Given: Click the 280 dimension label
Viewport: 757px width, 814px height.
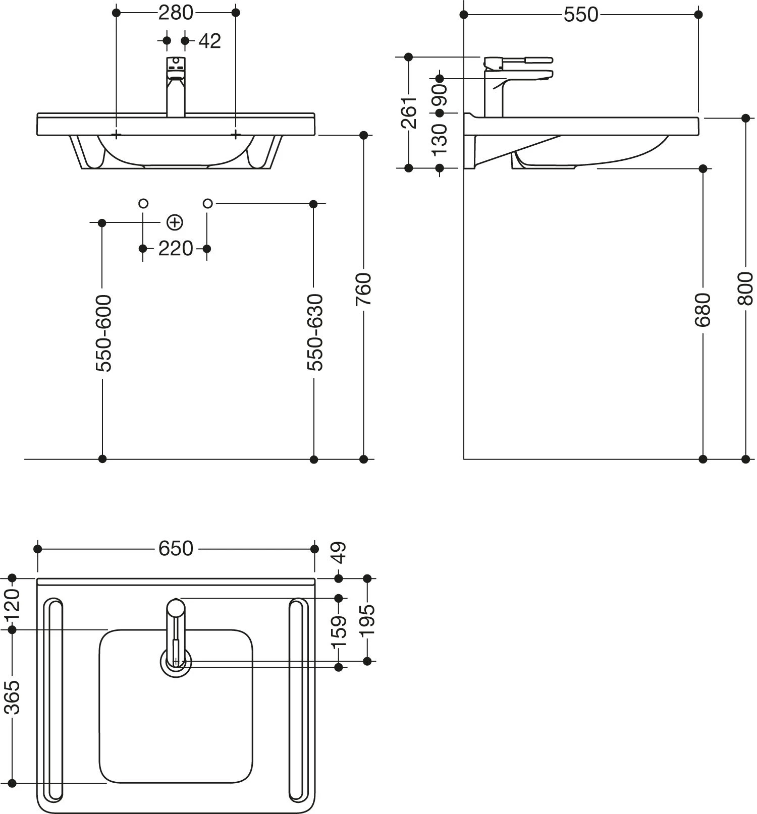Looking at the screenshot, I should [176, 13].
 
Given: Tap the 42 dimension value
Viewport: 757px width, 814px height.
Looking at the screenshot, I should [209, 41].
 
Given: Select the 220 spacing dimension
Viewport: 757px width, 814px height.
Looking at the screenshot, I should [175, 249].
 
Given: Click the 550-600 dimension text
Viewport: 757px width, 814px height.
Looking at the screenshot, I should [103, 333].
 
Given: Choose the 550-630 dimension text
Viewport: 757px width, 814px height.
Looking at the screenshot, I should [314, 332].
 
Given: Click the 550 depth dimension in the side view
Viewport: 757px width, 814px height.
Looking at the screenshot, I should [581, 15].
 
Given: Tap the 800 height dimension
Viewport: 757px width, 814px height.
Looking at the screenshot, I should [745, 288].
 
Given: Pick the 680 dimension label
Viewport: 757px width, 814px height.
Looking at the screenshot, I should [703, 309].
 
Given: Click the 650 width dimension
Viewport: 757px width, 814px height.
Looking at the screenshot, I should [176, 549].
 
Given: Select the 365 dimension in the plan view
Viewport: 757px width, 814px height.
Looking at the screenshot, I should [13, 697].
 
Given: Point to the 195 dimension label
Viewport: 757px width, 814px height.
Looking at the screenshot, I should [368, 619].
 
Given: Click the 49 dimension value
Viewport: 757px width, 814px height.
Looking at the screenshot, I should [339, 553].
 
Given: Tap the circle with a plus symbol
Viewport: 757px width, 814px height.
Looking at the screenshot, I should [175, 222].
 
